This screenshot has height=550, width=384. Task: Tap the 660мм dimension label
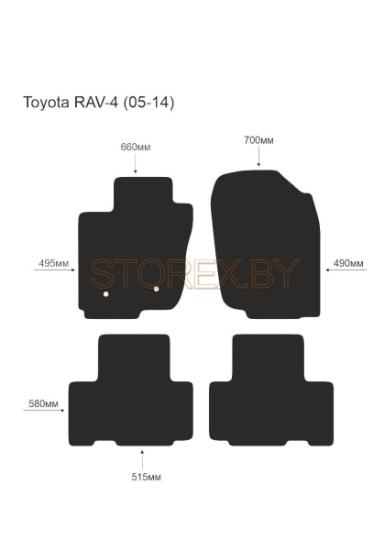[x=136, y=147]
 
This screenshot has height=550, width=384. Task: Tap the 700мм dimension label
[x=258, y=140]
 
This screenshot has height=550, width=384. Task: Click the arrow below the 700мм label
[x=258, y=158]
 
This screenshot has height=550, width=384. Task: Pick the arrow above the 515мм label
[x=142, y=456]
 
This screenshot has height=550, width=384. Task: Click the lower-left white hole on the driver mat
[x=105, y=294]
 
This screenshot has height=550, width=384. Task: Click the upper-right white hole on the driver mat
[x=157, y=290]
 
